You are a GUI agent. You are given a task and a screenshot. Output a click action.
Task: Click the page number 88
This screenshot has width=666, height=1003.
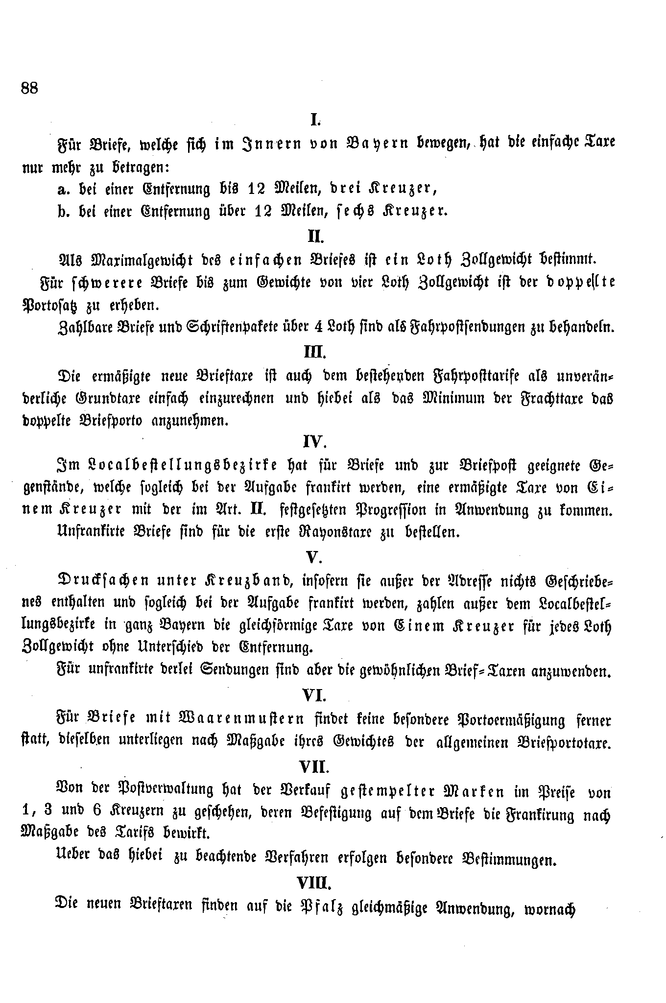point(30,89)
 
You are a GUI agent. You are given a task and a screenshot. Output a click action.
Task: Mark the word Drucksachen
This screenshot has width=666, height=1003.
point(104,581)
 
